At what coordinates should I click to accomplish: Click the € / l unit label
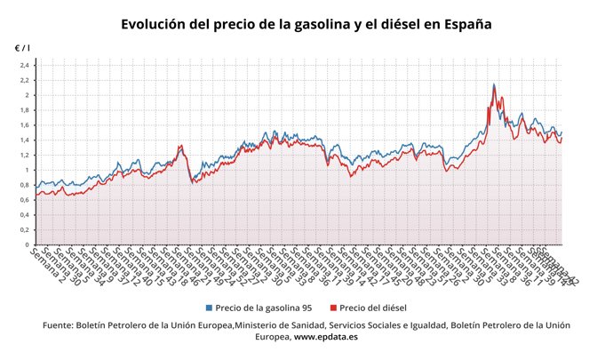click(22, 46)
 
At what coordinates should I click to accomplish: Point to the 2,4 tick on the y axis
click(26, 65)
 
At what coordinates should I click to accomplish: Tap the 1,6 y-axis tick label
click(26, 125)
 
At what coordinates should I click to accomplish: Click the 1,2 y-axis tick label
click(26, 155)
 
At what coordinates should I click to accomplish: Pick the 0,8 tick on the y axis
click(26, 185)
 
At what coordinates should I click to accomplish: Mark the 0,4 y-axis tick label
click(26, 215)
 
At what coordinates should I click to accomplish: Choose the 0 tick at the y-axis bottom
click(28, 244)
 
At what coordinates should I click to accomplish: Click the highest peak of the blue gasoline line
click(494, 84)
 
